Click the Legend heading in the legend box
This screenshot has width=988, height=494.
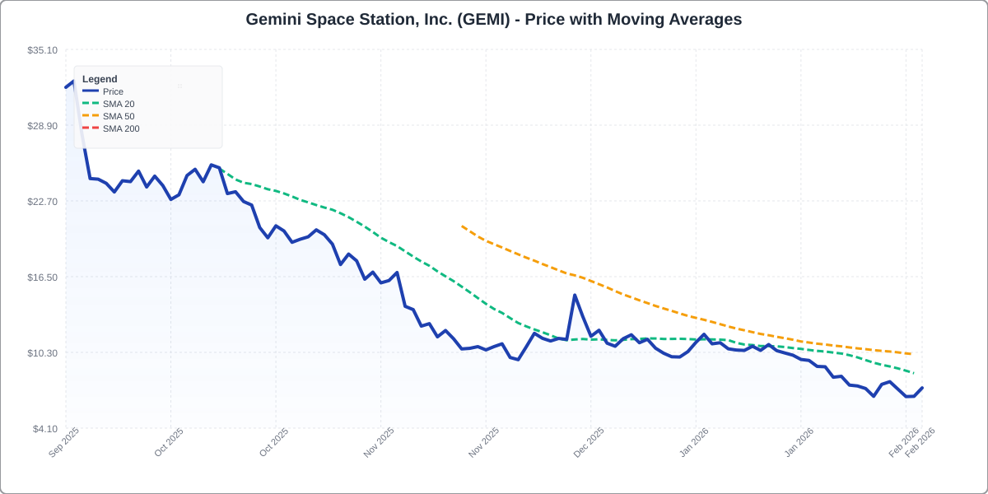(x=100, y=79)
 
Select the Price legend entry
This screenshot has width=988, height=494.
(x=113, y=91)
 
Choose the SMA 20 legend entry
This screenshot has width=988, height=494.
(x=118, y=104)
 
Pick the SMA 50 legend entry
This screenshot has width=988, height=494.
(x=118, y=116)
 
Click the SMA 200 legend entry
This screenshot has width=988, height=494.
(x=120, y=128)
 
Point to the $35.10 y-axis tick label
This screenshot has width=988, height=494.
(x=42, y=50)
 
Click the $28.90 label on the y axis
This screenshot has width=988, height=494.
(x=42, y=126)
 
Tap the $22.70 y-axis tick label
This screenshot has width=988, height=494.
(x=42, y=202)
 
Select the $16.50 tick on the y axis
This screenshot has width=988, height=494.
(x=42, y=277)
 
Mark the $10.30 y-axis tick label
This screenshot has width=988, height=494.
(x=42, y=353)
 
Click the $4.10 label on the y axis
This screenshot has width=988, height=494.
(x=44, y=429)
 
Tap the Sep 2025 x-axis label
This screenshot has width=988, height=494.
(x=64, y=442)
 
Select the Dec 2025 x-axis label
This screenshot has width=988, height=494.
(x=590, y=442)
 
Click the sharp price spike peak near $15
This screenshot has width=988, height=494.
(x=575, y=295)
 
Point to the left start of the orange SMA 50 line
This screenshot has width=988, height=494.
(x=462, y=226)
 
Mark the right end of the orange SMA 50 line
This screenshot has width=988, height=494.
(x=911, y=354)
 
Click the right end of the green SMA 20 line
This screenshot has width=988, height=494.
(x=914, y=373)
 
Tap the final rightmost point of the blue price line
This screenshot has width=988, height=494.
(x=922, y=388)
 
